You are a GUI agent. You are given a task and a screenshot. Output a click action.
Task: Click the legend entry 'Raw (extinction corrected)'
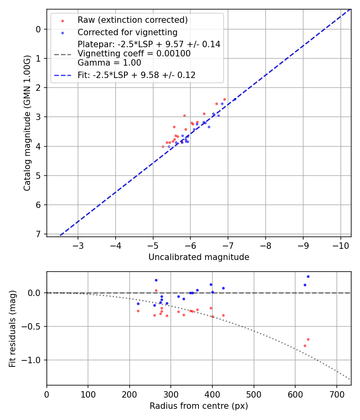tap(132, 20)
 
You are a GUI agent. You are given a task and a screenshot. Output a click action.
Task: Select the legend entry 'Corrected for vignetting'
tap(127, 32)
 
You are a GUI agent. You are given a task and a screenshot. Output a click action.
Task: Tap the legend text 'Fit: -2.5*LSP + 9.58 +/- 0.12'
tap(136, 75)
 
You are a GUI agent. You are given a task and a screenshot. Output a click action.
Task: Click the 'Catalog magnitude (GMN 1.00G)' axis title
tap(27, 122)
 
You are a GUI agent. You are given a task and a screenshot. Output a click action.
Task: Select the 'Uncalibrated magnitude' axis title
tap(199, 257)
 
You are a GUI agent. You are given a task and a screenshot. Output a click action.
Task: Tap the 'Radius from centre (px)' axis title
tap(199, 406)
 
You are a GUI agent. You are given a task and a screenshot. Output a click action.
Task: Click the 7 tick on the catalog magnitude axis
tap(39, 234)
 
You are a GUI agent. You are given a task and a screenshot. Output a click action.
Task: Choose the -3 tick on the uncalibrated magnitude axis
tap(78, 245)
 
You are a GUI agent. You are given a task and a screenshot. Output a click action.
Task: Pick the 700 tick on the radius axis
tap(336, 393)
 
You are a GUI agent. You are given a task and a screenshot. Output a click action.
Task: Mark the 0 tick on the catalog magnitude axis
tap(39, 29)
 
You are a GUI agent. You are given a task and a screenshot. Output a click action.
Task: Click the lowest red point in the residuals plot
tap(305, 346)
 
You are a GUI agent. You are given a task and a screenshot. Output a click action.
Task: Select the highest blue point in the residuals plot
tap(308, 276)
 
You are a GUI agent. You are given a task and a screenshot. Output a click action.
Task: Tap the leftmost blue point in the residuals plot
tap(138, 304)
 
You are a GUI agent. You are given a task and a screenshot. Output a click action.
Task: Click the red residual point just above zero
tap(156, 290)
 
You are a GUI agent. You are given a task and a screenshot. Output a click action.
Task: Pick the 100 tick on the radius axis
tap(88, 393)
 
